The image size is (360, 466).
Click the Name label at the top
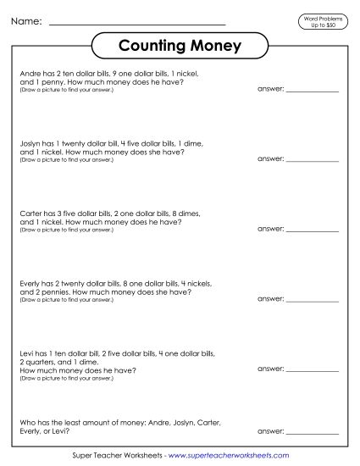pos(25,21)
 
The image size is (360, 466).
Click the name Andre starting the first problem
pos(28,75)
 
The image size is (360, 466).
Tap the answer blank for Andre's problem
pos(314,90)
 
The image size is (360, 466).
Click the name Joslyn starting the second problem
pos(30,144)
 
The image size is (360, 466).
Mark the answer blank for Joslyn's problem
pos(314,158)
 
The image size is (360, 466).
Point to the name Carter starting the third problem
pos(30,214)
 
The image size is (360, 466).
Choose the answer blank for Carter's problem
pos(314,228)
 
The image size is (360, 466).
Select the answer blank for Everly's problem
pos(314,298)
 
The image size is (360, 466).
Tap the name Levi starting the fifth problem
pos(26,352)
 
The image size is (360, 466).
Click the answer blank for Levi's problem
pos(314,369)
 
